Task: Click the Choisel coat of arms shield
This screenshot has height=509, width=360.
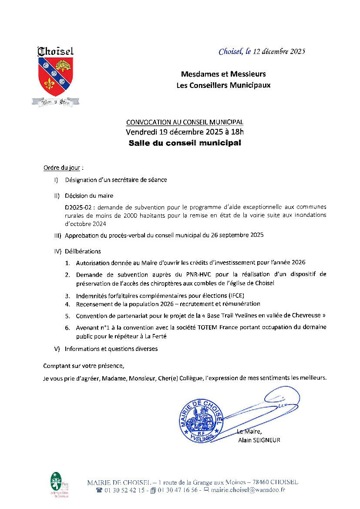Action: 55,77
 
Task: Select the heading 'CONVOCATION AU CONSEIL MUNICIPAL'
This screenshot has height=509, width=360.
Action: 185,122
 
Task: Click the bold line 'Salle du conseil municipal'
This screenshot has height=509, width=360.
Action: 185,143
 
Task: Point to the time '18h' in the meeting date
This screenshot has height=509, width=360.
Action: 236,132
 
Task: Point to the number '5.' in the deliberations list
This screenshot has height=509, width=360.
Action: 67,316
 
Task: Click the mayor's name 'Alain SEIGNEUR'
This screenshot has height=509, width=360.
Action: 259,440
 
